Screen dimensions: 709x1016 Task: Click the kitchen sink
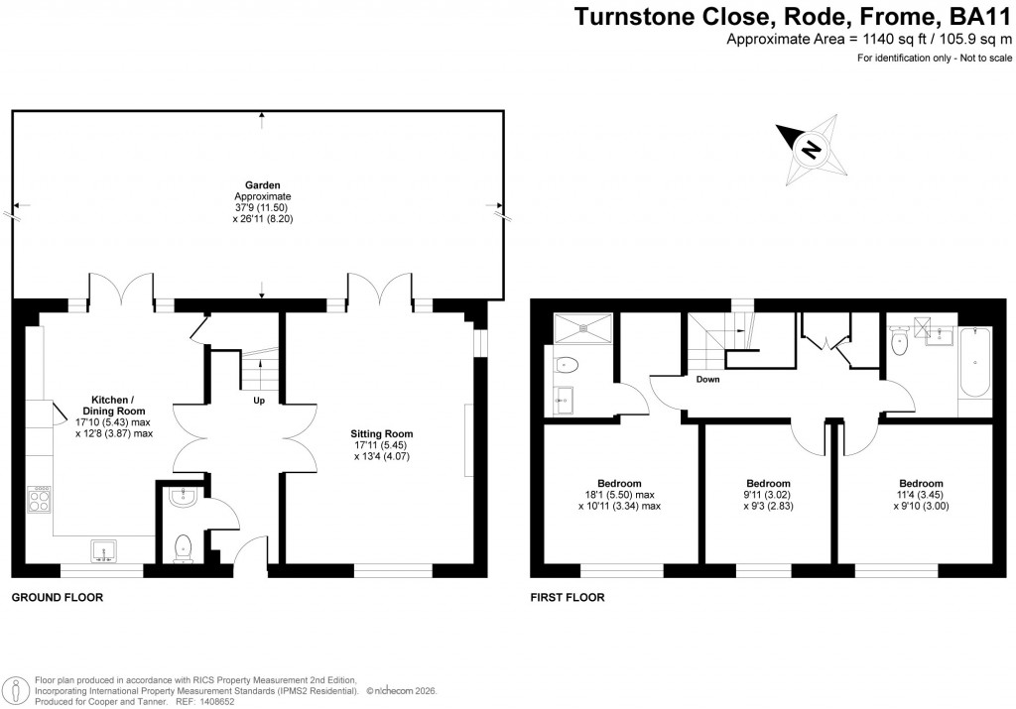pos(103,549)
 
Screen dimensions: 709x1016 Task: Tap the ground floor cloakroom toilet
pos(183,546)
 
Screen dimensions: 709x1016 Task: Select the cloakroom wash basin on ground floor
pos(182,498)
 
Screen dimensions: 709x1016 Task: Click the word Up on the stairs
pos(260,402)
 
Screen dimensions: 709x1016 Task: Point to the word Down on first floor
pos(707,380)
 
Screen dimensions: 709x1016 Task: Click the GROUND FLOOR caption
pos(57,598)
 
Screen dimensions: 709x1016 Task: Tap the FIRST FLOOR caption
pos(568,598)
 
